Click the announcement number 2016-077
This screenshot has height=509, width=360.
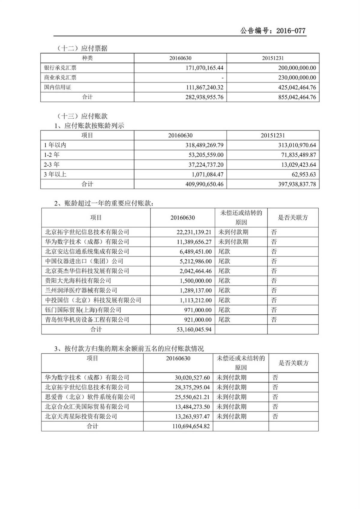pyautogui.click(x=290, y=31)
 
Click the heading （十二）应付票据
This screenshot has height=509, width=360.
pyautogui.click(x=82, y=48)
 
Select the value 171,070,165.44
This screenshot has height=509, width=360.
pyautogui.click(x=205, y=68)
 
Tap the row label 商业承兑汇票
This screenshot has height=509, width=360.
pyautogui.click(x=60, y=77)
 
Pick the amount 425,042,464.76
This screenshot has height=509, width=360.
pyautogui.click(x=297, y=87)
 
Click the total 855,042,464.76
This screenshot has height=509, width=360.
pyautogui.click(x=297, y=97)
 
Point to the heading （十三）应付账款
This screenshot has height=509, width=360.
pyautogui.click(x=82, y=116)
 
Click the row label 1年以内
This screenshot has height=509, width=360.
pyautogui.click(x=55, y=145)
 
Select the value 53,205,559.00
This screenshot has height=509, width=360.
pyautogui.click(x=205, y=155)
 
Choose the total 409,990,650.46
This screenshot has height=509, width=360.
pyautogui.click(x=205, y=184)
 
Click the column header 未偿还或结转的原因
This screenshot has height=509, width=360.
pyautogui.click(x=241, y=217)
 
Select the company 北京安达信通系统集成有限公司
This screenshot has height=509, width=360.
pyautogui.click(x=87, y=251)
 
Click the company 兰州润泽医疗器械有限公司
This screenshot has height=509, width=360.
pyautogui.click(x=81, y=290)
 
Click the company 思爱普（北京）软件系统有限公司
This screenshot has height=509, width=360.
pyautogui.click(x=90, y=397)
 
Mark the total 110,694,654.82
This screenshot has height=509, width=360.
pyautogui.click(x=191, y=426)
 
